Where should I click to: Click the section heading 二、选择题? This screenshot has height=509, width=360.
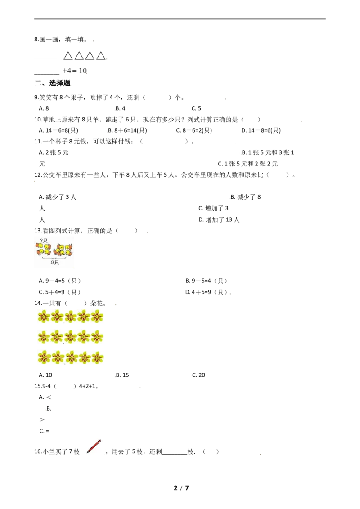coord(53,83)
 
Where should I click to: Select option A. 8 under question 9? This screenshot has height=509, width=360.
coord(44,108)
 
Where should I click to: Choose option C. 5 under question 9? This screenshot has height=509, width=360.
coord(196,108)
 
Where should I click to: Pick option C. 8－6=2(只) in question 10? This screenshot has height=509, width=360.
coord(194,130)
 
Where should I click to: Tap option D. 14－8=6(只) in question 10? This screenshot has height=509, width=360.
coord(261,130)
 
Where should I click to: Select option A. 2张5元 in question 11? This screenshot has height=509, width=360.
coord(54,152)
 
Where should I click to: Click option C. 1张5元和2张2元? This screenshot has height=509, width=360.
coord(247,164)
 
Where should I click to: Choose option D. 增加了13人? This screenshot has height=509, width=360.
coord(219,220)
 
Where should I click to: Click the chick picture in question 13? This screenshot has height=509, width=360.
coord(54,252)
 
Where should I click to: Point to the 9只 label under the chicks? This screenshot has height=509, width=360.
coord(55,262)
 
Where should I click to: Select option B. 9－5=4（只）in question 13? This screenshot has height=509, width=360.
coord(206,281)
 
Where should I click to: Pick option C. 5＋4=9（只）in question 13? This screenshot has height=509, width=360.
coord(60,292)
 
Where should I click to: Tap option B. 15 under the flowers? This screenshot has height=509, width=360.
coord(122,375)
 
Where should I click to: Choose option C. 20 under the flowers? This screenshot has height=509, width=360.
coord(198,375)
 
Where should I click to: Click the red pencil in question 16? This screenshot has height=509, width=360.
coord(94,446)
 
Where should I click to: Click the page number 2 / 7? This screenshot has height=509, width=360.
coord(181,488)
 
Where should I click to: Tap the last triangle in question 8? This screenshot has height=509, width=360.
coord(101,56)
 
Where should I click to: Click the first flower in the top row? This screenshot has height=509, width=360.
coord(44,316)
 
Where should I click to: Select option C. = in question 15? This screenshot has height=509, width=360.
coord(44,431)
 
